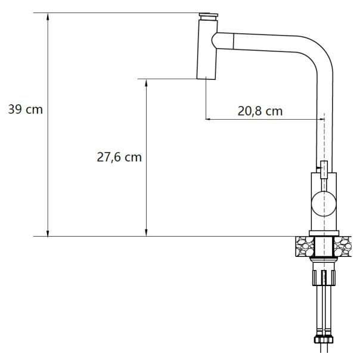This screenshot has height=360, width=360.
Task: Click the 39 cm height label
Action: tap(26, 110)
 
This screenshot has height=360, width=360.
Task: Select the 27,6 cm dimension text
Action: tap(119, 157)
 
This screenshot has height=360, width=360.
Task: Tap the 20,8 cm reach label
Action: tap(260, 111)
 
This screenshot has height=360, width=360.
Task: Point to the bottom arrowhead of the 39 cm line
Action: tap(48, 233)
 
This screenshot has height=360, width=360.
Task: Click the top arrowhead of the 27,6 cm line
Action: tap(146, 82)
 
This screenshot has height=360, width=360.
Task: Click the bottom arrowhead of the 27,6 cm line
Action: tap(146, 233)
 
